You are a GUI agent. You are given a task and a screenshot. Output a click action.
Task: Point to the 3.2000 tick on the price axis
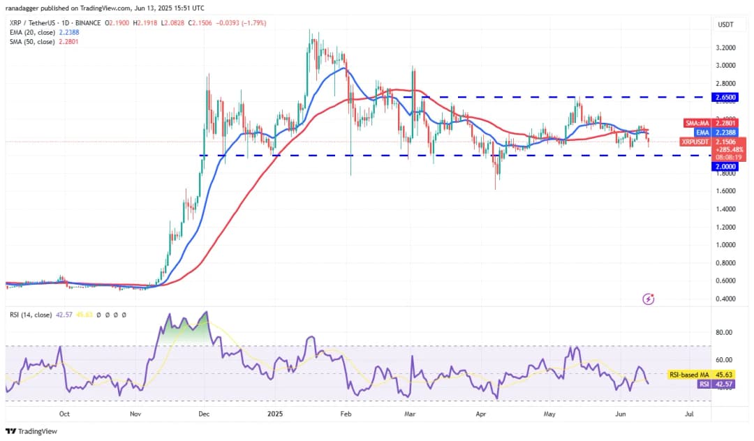(726, 48)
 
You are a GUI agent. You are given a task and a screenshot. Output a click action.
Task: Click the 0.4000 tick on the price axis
(726, 299)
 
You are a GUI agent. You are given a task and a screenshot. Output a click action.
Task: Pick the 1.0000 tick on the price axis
(726, 245)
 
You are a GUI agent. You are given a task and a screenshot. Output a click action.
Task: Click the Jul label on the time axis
(689, 414)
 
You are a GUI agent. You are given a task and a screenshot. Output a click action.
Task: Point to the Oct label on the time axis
(64, 414)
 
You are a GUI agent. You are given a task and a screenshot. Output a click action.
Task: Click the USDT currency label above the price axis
(726, 24)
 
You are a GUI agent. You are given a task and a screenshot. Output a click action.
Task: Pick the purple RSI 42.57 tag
(713, 383)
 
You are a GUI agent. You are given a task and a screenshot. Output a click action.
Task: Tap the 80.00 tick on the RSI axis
(726, 333)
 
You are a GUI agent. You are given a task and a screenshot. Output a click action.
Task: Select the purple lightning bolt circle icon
(649, 299)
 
